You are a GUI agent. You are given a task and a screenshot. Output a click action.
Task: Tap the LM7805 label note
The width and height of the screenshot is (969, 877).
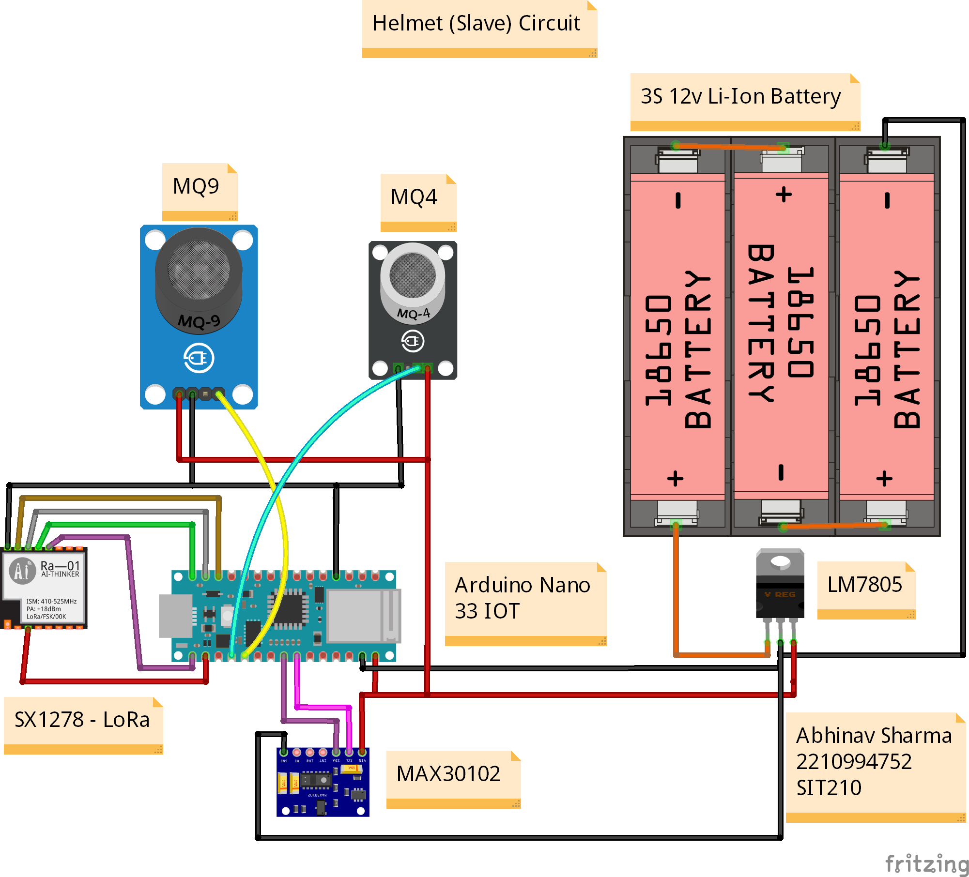865,586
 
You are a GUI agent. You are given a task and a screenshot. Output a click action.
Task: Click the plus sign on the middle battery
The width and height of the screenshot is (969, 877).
784,195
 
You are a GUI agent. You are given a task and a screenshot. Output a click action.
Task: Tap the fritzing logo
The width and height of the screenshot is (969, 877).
926,864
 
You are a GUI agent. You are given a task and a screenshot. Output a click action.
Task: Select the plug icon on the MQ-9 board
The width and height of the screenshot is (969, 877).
199,358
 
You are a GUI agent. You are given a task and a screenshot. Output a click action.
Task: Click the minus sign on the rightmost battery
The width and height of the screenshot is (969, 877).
887,200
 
